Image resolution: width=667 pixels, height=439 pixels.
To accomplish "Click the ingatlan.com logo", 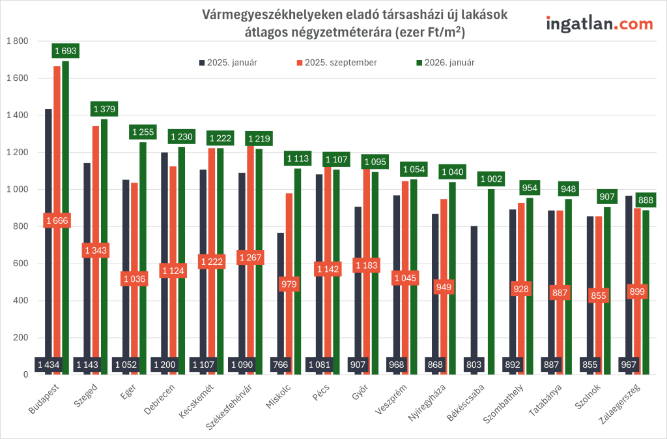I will (599, 23).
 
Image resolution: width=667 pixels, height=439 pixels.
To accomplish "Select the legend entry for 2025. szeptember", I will (336, 63).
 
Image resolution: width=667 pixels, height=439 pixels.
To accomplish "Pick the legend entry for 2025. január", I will (228, 63).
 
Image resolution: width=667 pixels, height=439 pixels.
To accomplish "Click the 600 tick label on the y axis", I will (21, 264).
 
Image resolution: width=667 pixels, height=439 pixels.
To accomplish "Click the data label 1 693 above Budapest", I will (66, 51).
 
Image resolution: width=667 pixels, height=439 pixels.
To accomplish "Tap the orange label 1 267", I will (251, 258).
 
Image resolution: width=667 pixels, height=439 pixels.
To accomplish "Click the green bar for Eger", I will (143, 261).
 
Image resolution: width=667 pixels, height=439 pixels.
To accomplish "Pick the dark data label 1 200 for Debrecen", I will (164, 365).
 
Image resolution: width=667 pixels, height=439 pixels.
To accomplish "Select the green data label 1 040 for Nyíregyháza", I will (453, 172).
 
